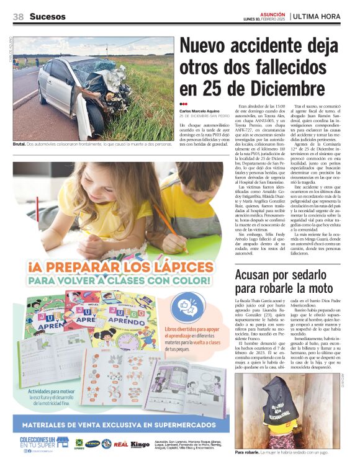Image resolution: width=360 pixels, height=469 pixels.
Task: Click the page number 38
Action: [x=18, y=17]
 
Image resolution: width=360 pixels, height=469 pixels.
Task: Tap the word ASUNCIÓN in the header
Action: [x=272, y=13]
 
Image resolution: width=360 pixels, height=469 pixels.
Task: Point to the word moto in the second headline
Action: [x=304, y=288]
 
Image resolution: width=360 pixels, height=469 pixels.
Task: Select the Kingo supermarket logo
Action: [x=140, y=444]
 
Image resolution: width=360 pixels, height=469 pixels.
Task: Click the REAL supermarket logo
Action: [x=121, y=444]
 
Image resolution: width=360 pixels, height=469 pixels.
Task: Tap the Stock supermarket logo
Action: [x=92, y=444]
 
